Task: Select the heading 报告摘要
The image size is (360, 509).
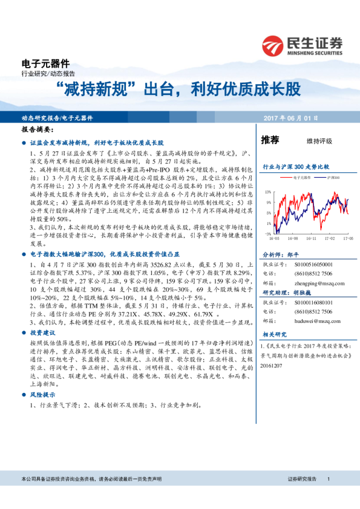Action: point(37,130)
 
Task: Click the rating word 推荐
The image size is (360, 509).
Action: point(270,140)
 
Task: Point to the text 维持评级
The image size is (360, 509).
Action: point(319,141)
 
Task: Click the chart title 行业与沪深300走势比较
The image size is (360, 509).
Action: point(295,166)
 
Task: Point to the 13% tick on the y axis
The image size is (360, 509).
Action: point(267,192)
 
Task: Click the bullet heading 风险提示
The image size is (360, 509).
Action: point(42,394)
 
